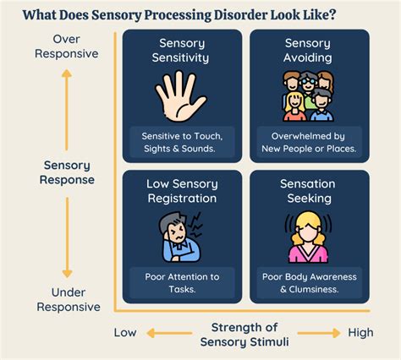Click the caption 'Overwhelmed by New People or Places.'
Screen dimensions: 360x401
(307, 142)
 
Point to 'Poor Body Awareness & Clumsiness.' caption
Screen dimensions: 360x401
(307, 282)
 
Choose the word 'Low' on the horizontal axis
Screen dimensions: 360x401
(125, 333)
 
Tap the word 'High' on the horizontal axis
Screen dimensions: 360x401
(360, 333)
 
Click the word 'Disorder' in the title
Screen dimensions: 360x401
(252, 14)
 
